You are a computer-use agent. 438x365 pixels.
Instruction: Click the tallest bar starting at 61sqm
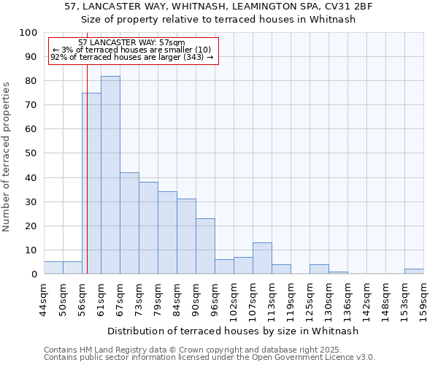[x=110, y=175]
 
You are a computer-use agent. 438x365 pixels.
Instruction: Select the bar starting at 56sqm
[x=91, y=183]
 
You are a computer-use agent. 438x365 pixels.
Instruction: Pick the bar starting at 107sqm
[x=262, y=258]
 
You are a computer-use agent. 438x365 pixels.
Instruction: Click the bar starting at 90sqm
[x=205, y=246]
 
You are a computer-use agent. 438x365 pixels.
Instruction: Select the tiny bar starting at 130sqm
[x=338, y=273]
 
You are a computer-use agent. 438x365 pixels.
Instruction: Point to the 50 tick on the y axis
[x=30, y=153]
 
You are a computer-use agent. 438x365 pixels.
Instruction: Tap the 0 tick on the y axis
[x=33, y=274]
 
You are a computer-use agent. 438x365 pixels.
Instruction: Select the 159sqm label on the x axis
[x=423, y=297]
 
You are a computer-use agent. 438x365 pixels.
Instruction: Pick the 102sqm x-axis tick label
[x=234, y=297]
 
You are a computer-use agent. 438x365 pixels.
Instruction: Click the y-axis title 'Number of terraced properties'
[x=7, y=156]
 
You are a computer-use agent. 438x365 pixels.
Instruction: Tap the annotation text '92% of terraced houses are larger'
[x=132, y=57]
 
